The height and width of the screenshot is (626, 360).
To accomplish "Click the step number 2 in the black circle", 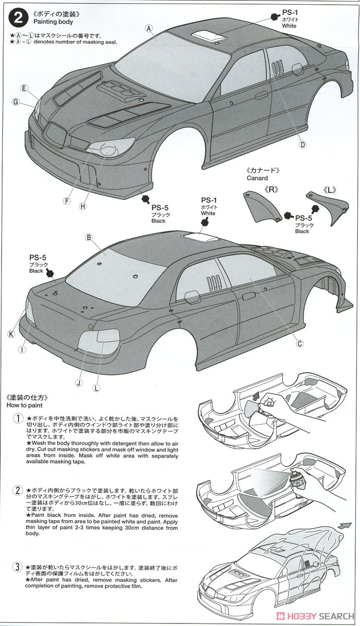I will click(19, 19).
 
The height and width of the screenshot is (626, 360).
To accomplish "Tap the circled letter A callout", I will click(149, 28).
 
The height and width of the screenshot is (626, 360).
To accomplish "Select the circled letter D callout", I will click(302, 145).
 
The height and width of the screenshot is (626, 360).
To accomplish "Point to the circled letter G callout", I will click(16, 102).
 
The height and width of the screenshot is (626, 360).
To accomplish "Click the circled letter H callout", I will click(82, 206).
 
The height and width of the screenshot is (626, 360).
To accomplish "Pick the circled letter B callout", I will click(89, 237).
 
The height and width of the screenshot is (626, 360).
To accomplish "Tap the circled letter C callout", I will click(299, 343).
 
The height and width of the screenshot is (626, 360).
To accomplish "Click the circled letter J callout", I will click(78, 382).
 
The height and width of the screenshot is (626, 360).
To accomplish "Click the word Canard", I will click(257, 178).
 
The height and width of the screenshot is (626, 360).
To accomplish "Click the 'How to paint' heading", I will click(25, 405).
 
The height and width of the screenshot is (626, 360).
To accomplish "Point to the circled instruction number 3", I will click(18, 567).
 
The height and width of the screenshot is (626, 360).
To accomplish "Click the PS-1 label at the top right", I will click(290, 11).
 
